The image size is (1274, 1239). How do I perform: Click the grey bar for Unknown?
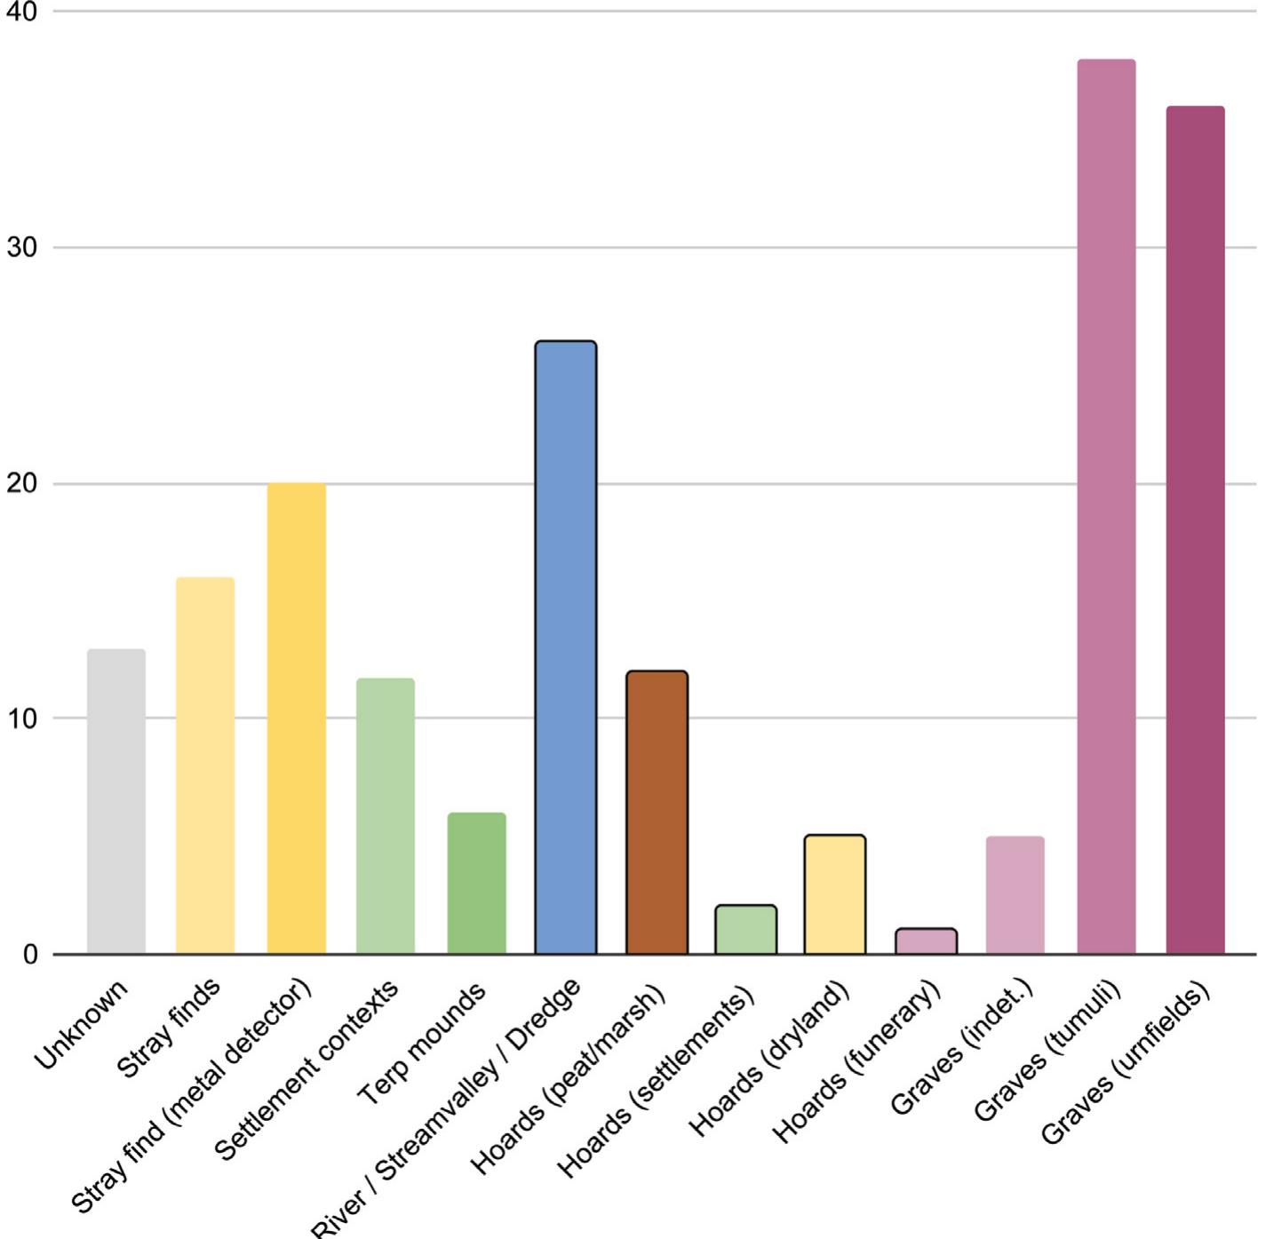116,801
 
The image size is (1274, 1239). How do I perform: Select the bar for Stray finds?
205,766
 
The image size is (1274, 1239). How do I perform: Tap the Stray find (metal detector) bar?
297,719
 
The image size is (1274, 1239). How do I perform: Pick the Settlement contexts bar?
386,816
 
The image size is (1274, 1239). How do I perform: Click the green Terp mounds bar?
477,883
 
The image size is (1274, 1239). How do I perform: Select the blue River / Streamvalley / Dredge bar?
566,647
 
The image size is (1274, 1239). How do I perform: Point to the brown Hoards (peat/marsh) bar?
657,813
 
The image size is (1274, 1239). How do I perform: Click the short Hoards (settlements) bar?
745,930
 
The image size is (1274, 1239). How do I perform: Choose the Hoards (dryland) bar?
835,894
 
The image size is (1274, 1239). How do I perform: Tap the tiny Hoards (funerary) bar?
926,941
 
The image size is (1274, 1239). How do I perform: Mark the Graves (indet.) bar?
1015,895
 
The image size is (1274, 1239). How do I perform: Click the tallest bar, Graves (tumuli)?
1106,506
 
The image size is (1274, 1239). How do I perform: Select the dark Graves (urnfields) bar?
1195,530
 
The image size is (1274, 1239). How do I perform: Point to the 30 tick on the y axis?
22,248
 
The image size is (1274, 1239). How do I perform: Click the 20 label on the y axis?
22,484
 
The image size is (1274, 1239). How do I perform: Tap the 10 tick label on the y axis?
22,719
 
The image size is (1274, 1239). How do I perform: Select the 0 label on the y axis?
30,955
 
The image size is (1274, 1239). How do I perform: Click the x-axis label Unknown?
82,1025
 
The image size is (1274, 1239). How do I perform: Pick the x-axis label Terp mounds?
423,1043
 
